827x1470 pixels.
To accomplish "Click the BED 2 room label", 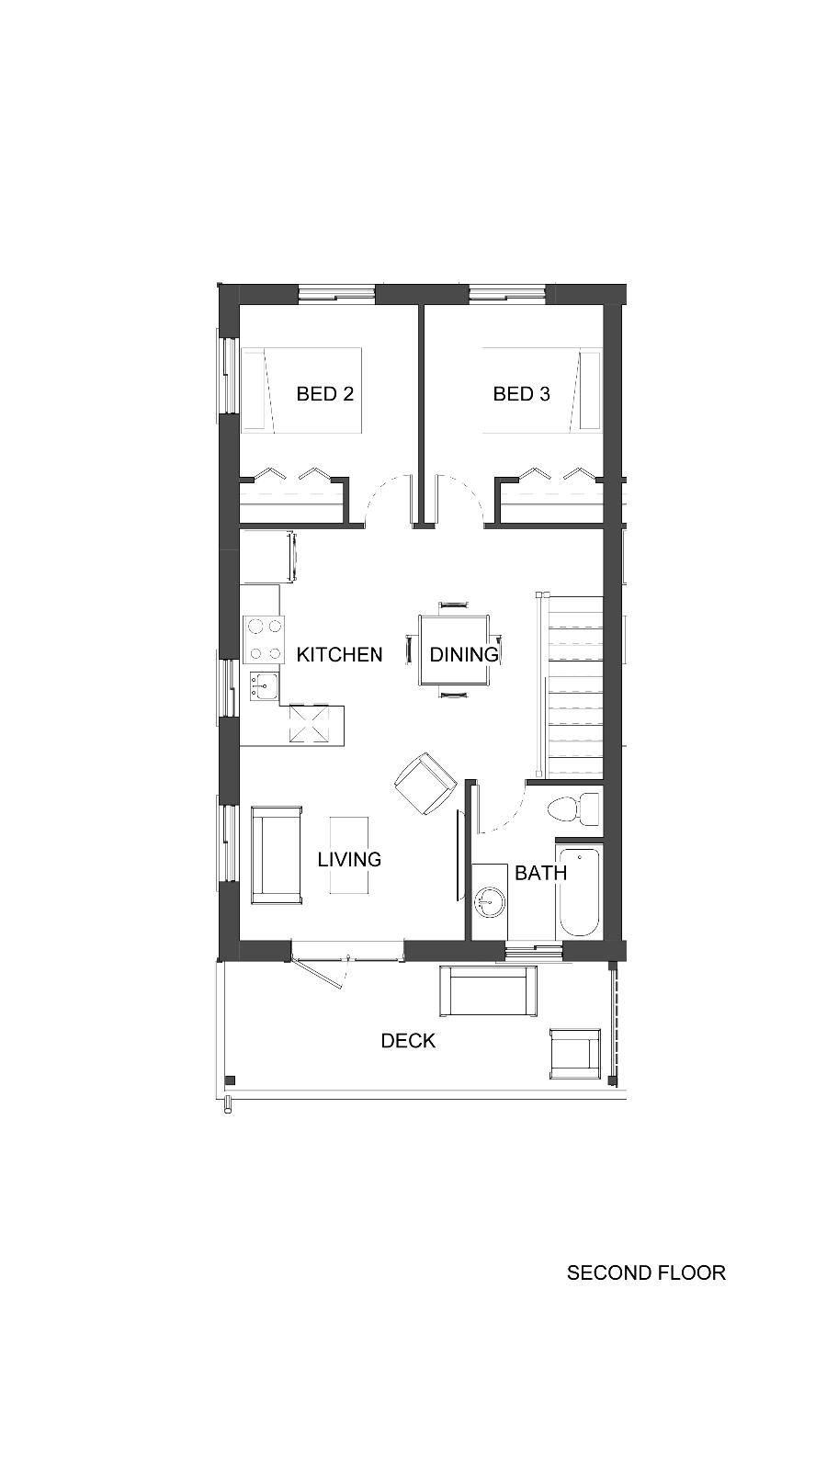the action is [325, 394].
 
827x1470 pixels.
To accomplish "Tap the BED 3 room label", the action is [521, 394].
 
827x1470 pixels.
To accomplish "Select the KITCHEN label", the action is [339, 654].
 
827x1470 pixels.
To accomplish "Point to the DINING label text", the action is [464, 654].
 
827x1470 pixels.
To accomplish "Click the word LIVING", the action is [349, 860].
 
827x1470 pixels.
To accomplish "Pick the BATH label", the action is [541, 873].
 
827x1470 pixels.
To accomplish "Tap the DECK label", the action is [408, 1041].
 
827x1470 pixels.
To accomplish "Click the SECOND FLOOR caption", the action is [647, 1273].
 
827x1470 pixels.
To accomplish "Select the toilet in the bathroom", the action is [573, 809].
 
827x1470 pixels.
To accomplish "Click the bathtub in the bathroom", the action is [578, 893].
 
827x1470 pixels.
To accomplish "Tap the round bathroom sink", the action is [490, 903].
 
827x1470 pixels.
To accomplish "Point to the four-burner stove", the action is [264, 639].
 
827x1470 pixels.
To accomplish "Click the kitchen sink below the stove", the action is [264, 686].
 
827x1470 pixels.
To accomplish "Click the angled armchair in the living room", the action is [425, 784].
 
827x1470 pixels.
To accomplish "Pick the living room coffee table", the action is [349, 855].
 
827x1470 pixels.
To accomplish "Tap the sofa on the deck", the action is [488, 991].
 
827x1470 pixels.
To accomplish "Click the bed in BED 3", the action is [542, 390].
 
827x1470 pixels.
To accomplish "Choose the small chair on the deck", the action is [575, 1054].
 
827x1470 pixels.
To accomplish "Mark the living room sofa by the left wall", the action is [277, 855].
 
